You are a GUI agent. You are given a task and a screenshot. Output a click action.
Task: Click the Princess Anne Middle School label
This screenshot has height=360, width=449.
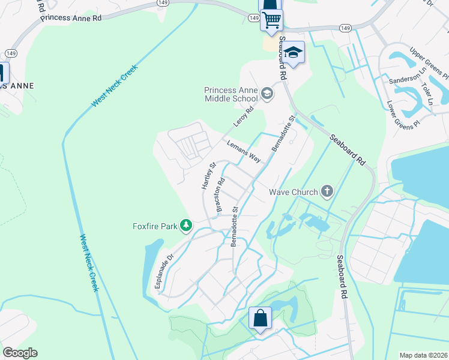tap(231, 94)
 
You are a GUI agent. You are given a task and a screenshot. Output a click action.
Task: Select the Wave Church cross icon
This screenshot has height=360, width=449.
tap(327, 192)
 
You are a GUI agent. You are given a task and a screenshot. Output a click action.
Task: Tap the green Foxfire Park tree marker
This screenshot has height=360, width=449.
tap(187, 226)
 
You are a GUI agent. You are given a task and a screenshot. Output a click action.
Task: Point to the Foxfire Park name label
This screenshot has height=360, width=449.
tap(155, 226)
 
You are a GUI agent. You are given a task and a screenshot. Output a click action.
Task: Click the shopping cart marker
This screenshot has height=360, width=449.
tap(271, 19)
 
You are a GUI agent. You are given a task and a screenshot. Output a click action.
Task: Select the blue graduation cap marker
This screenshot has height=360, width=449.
tap(294, 52)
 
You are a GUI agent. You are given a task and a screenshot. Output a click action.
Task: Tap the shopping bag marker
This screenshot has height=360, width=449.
tap(261, 318)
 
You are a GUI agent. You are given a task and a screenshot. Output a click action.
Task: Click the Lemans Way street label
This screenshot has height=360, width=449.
tap(244, 152)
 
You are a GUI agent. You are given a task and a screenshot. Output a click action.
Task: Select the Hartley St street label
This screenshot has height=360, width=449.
tap(208, 176)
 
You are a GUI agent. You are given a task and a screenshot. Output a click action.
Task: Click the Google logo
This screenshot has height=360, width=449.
tap(20, 352)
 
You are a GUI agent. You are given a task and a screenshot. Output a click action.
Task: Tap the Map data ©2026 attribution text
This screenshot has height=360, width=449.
tap(423, 355)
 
